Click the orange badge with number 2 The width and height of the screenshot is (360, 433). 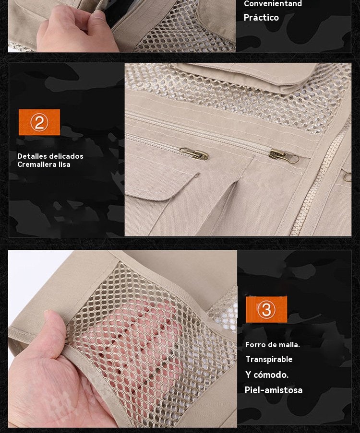click(39, 122)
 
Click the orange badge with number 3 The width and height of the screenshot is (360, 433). click(266, 309)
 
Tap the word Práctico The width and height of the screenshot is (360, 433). click(261, 18)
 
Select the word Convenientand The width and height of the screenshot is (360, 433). click(273, 4)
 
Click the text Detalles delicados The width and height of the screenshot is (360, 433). click(50, 156)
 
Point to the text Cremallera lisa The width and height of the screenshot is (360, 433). click(44, 164)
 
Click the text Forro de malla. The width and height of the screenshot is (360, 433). click(272, 345)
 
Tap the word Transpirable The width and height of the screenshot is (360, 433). click(269, 359)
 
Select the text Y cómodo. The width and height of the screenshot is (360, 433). click(267, 374)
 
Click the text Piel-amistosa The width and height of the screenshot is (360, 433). click(274, 390)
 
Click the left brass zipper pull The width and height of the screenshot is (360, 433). click(194, 153)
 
